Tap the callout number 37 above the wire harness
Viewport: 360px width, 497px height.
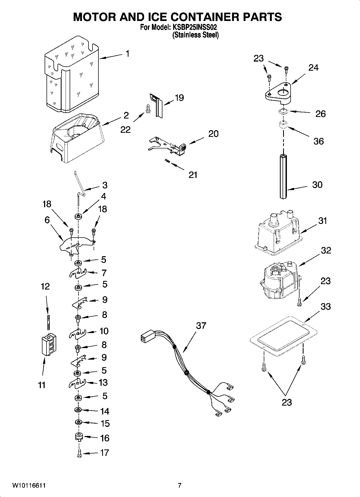[x=201, y=326]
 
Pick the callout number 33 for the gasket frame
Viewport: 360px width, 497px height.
[x=326, y=306]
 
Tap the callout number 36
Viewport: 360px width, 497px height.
[x=319, y=141]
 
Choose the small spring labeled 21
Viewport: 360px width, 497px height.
[x=167, y=161]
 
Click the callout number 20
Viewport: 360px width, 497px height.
[x=213, y=134]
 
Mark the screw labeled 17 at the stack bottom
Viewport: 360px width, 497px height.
[x=79, y=453]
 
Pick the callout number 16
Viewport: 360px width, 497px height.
[x=105, y=438]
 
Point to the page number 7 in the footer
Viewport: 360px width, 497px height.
[x=180, y=485]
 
